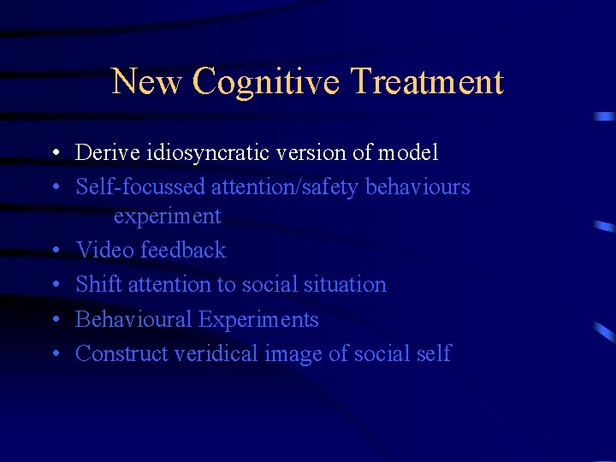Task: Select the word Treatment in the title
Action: coord(427,82)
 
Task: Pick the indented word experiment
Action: coord(167,216)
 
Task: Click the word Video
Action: coord(104,250)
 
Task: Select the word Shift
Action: coord(98,284)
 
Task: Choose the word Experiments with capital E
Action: coord(258,320)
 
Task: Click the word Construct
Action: coord(121,353)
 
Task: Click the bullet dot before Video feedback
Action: coord(54,251)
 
